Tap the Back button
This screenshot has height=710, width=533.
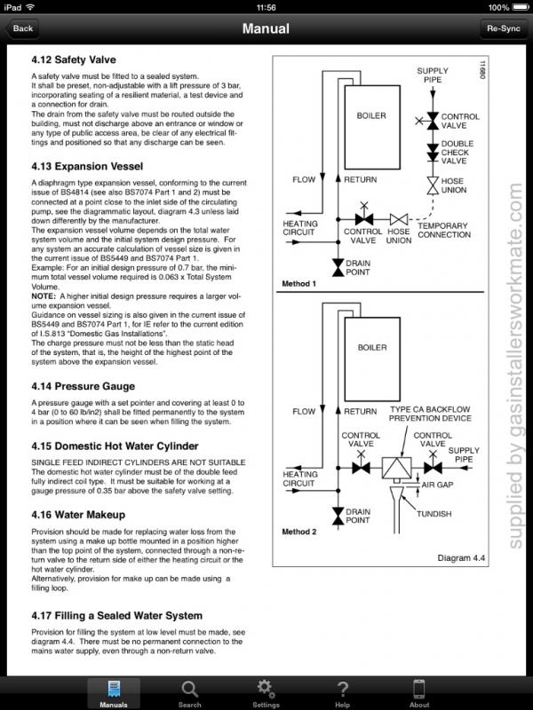point(24,28)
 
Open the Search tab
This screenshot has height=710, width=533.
point(189,691)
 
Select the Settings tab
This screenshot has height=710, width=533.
point(265,691)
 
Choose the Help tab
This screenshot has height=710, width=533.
point(342,691)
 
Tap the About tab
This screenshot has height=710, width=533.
point(419,691)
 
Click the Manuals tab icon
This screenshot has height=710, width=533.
point(114,688)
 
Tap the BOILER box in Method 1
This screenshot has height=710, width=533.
point(371,116)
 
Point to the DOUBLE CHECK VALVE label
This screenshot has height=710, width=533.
point(457,152)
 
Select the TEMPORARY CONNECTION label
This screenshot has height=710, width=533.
point(443,230)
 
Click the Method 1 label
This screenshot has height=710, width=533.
point(298,283)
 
